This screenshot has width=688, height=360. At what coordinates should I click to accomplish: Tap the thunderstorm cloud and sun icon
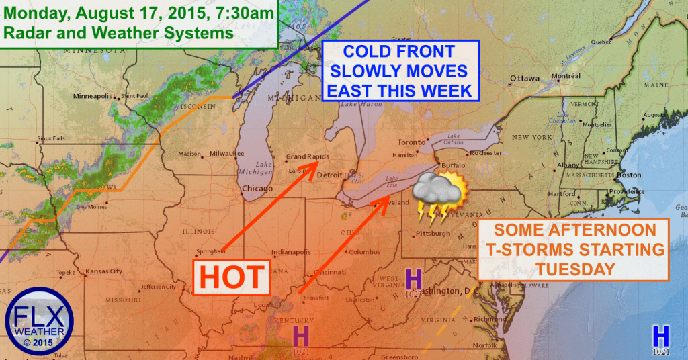point(438,195)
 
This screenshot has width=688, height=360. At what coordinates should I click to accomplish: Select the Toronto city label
point(411,142)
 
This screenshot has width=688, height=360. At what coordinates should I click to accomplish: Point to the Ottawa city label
point(524,79)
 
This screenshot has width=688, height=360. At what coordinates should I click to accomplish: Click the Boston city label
point(629,175)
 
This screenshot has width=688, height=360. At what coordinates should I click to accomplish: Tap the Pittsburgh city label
point(433,234)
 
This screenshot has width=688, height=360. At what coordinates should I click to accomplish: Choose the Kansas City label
point(103,272)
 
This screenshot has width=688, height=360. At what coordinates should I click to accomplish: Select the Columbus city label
point(365,252)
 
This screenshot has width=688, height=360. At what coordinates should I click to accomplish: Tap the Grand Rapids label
point(307,156)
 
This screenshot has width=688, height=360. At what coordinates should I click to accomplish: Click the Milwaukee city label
point(226,153)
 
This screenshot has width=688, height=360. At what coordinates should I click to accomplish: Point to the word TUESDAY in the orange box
point(573,269)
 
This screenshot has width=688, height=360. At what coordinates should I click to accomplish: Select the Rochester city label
point(486,153)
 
